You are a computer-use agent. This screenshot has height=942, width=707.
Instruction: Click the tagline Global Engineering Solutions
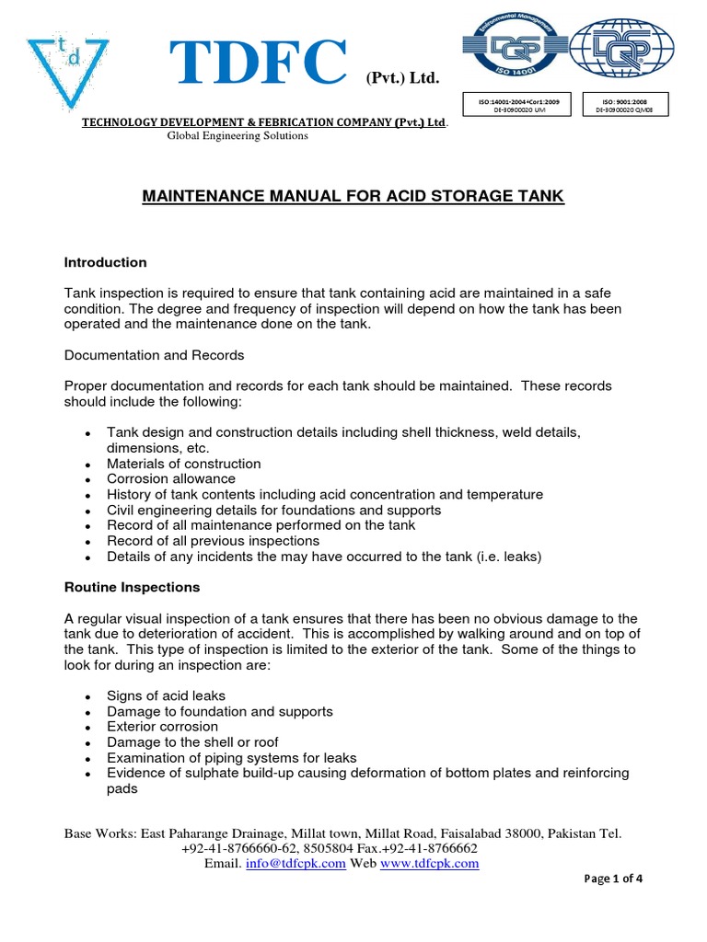pyautogui.click(x=237, y=136)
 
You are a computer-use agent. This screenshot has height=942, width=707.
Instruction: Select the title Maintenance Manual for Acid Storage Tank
pyautogui.click(x=353, y=196)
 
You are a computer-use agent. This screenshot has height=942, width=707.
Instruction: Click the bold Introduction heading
pyautogui.click(x=105, y=262)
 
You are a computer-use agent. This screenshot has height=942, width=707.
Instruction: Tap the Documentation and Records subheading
pyautogui.click(x=154, y=354)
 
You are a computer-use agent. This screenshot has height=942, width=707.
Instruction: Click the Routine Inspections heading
pyautogui.click(x=132, y=587)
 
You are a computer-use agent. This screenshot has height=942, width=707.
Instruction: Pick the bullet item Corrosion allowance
pyautogui.click(x=171, y=479)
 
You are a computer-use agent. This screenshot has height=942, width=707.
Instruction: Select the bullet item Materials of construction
pyautogui.click(x=184, y=464)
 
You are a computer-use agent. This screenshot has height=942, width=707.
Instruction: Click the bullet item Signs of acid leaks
pyautogui.click(x=166, y=696)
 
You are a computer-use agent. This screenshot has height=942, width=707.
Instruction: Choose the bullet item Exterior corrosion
pyautogui.click(x=163, y=727)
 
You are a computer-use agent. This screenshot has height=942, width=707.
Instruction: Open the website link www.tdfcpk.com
pyautogui.click(x=430, y=864)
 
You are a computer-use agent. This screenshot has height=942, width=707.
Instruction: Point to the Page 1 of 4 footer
pyautogui.click(x=613, y=879)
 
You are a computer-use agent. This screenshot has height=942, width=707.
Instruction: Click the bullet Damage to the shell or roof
pyautogui.click(x=192, y=742)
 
